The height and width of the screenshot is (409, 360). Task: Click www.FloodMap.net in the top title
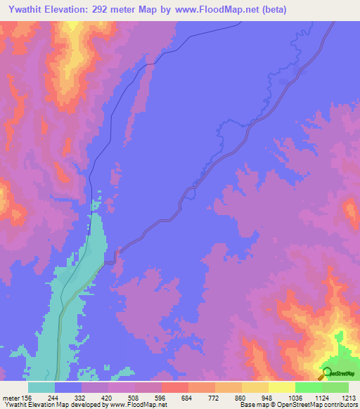tap(219, 10)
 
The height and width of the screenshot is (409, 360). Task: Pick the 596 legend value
tap(161, 397)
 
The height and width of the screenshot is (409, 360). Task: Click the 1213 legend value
tap(349, 397)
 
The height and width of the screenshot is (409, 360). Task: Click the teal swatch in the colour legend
tap(41, 387)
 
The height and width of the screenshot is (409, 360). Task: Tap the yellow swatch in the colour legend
tap(282, 387)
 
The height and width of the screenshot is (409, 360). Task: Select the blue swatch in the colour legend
tap(68, 387)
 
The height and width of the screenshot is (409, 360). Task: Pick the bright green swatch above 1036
tap(309, 387)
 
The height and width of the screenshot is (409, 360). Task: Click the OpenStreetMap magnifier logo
tap(326, 373)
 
